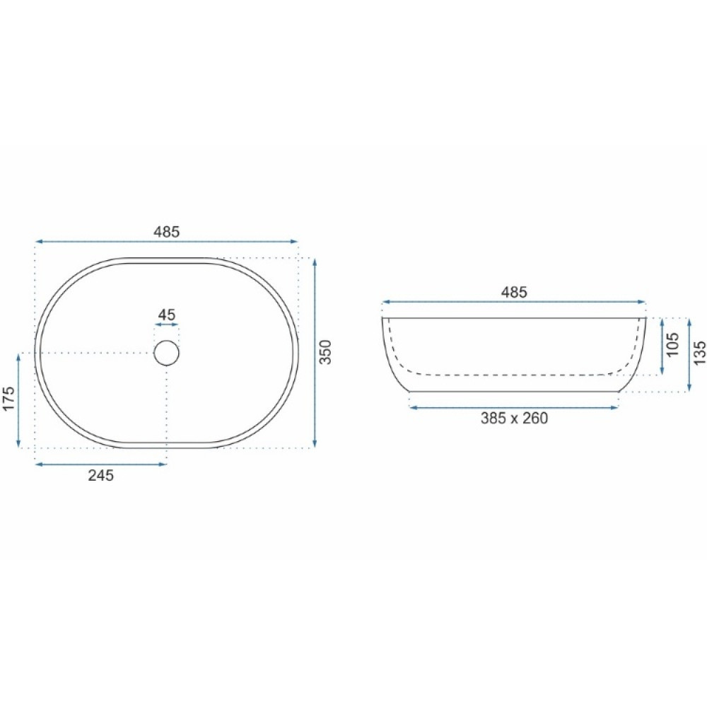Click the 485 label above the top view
[166, 232]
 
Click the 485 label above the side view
[514, 293]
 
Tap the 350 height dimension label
[325, 352]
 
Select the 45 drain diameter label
[167, 315]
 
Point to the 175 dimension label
[9, 399]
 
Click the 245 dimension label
[101, 475]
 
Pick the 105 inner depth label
[672, 345]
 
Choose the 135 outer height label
[700, 353]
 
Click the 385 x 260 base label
[514, 419]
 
